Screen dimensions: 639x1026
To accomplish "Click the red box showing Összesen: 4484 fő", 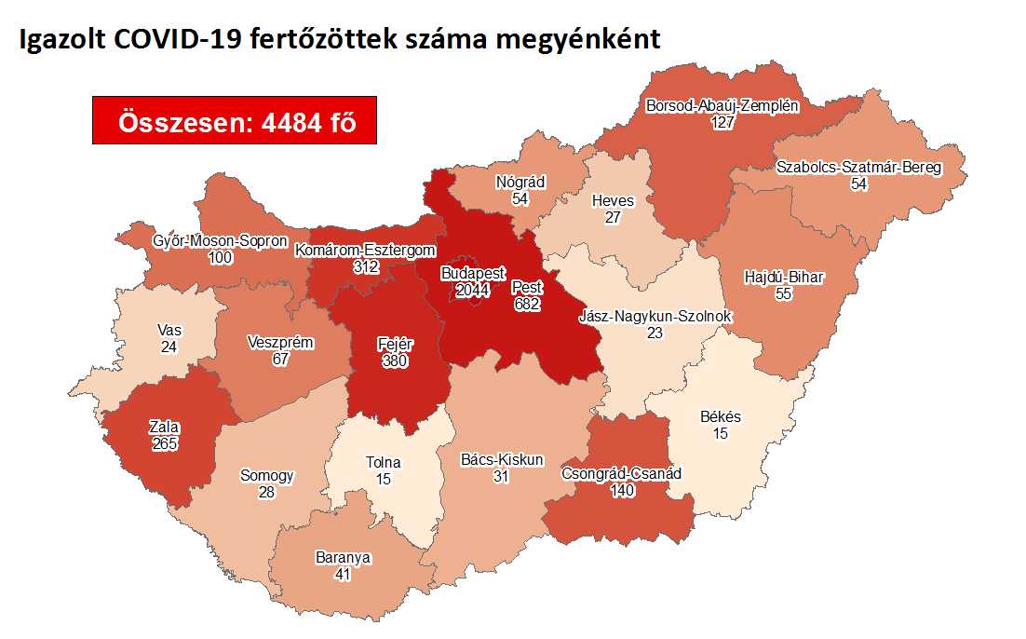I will [x=234, y=120].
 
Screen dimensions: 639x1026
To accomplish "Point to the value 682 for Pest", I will [x=526, y=304].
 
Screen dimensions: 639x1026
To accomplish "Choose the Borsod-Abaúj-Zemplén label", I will [x=722, y=105].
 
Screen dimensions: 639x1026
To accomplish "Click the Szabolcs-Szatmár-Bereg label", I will [x=858, y=169].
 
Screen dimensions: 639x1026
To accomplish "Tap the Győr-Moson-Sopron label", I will [x=220, y=241].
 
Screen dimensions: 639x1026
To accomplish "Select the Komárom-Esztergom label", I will [x=365, y=250].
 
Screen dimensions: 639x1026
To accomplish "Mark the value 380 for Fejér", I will [x=396, y=360].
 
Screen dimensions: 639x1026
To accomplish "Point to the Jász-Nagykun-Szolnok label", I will [x=655, y=316].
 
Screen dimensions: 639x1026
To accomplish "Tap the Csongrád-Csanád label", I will [x=621, y=474].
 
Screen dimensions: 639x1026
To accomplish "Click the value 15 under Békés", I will [x=720, y=433].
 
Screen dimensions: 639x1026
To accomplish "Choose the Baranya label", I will [x=344, y=558].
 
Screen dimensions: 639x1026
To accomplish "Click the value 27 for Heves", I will [x=613, y=217].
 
